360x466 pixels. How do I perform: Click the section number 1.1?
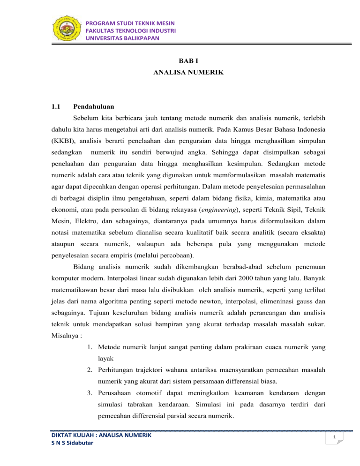[57, 107]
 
